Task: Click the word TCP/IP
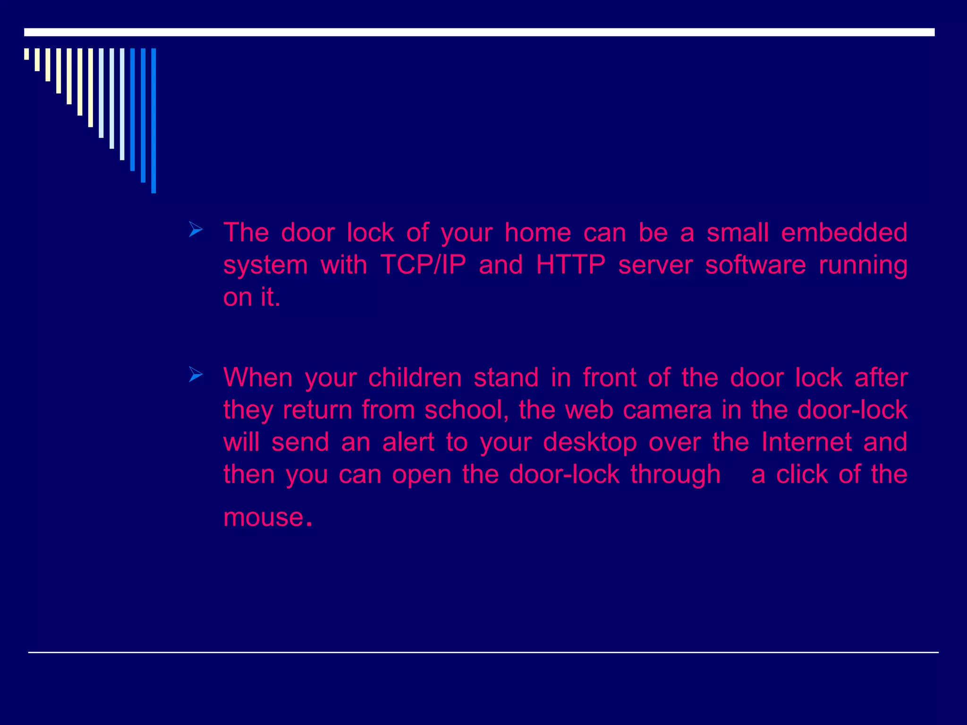(x=423, y=265)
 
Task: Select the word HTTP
(x=570, y=265)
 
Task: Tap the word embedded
(x=844, y=233)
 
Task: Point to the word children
(x=415, y=378)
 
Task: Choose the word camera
(x=667, y=410)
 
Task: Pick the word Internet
(x=807, y=442)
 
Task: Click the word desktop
(x=590, y=443)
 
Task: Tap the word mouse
(x=263, y=517)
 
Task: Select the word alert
(x=408, y=442)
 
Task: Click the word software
(x=755, y=265)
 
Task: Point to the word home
(x=538, y=233)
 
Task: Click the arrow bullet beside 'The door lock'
(x=195, y=230)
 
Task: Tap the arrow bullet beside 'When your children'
(x=195, y=375)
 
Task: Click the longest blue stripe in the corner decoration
(x=153, y=120)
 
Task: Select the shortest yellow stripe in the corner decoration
(x=26, y=54)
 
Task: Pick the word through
(x=675, y=475)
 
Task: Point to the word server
(x=655, y=265)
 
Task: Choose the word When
(x=258, y=378)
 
